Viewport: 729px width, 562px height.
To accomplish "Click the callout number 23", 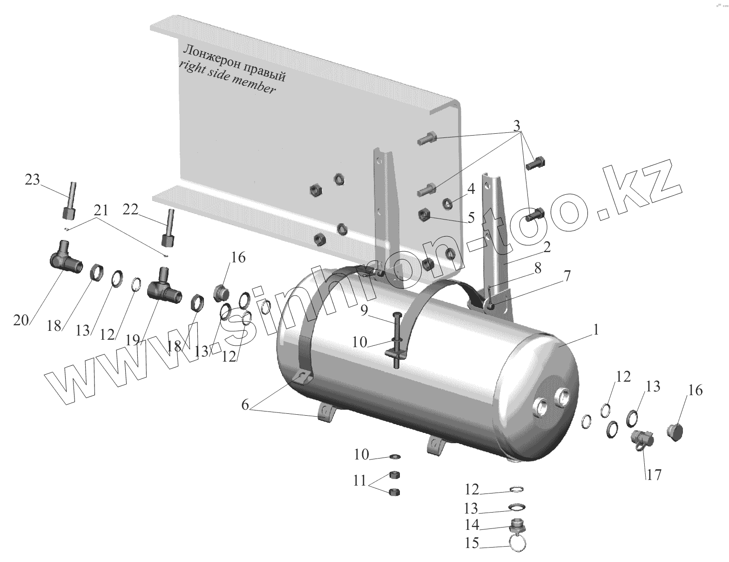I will [x=33, y=180].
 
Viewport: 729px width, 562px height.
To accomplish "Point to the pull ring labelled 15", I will [x=519, y=543].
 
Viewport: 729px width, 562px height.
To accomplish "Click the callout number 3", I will [x=517, y=126].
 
